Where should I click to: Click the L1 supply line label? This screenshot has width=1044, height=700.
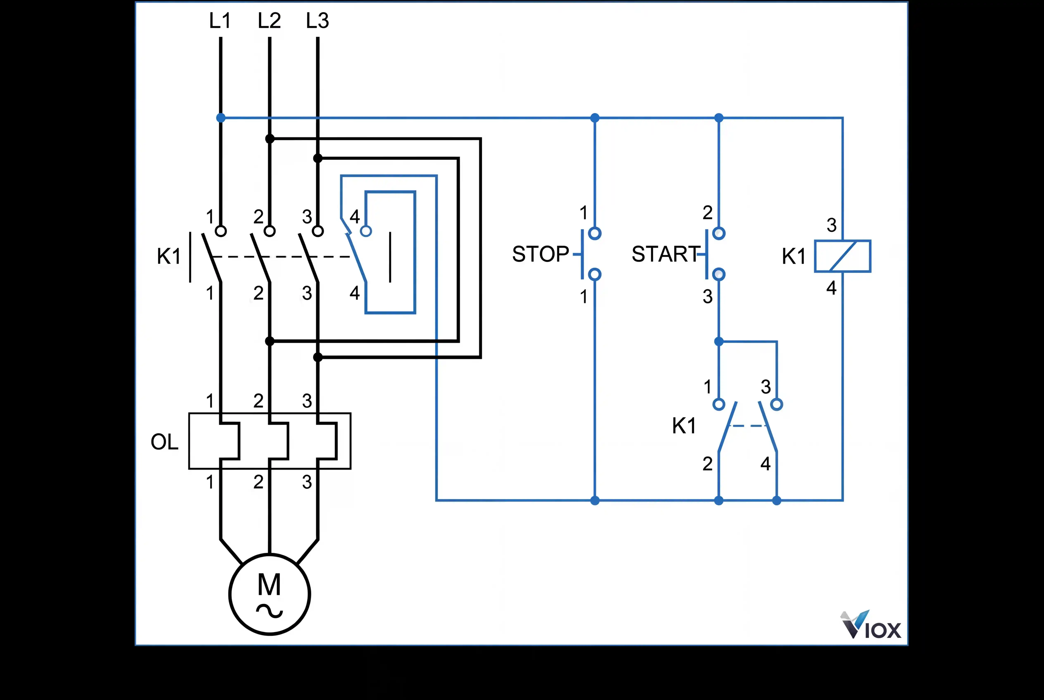click(220, 21)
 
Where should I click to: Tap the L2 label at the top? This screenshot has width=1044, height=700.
click(269, 21)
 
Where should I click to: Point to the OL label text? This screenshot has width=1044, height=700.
click(164, 442)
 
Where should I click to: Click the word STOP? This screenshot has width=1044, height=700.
click(540, 254)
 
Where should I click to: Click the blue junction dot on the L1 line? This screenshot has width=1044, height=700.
click(221, 118)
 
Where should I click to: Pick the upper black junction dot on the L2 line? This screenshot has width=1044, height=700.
click(270, 139)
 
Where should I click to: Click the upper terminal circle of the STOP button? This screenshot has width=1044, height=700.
click(595, 233)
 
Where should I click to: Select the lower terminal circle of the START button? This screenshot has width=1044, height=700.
click(718, 274)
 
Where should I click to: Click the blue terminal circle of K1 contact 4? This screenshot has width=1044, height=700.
click(366, 231)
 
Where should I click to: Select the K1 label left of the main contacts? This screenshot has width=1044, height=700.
click(169, 256)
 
